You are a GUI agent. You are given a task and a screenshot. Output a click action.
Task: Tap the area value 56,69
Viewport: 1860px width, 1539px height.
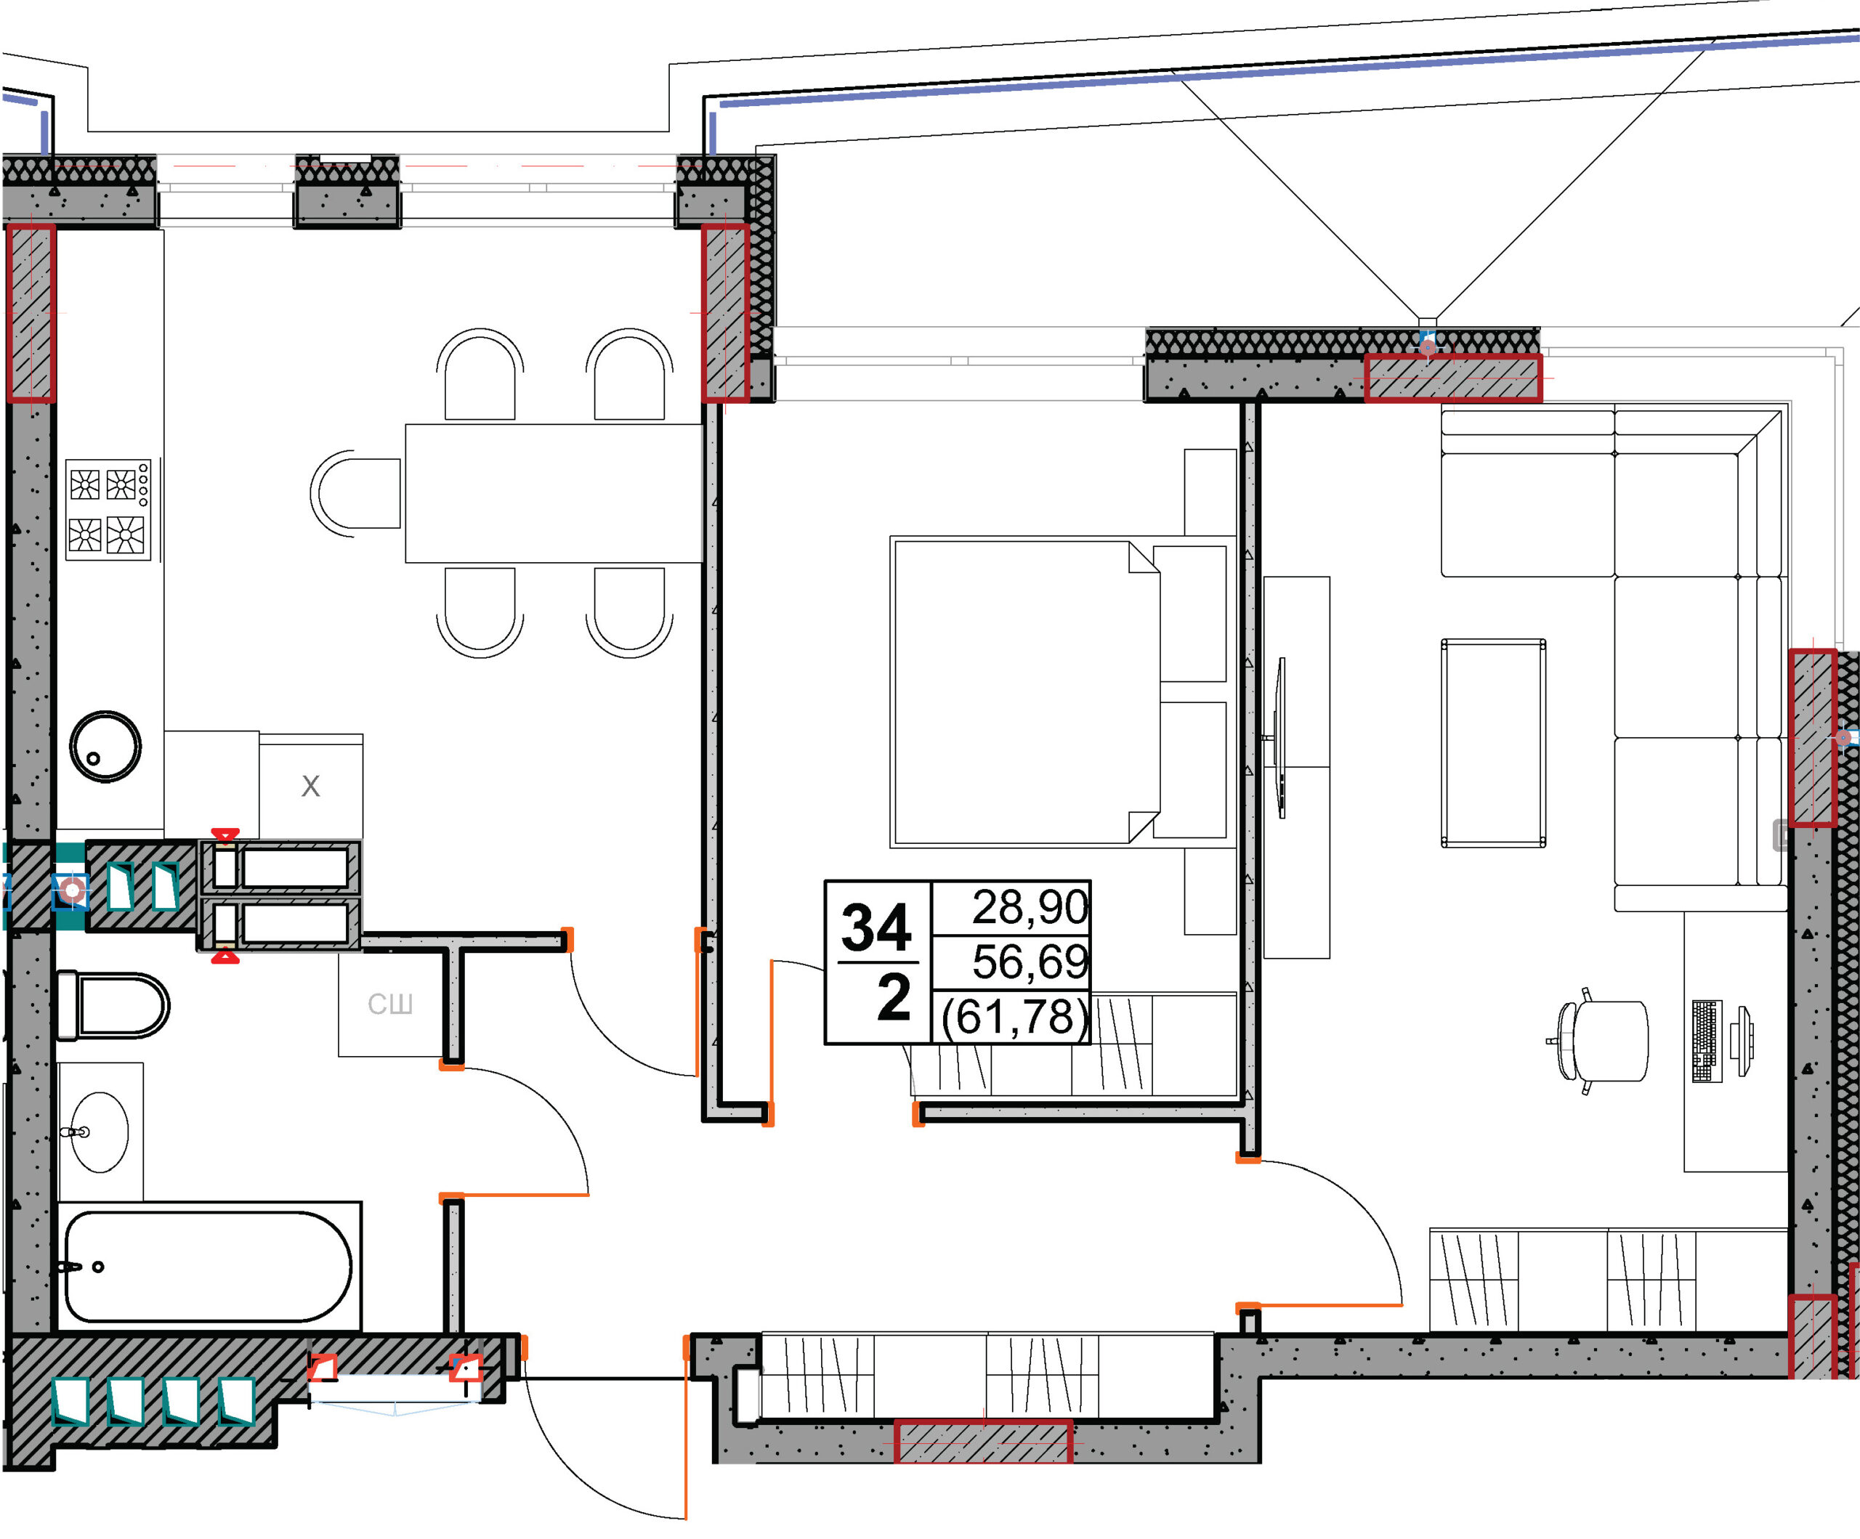point(1030,962)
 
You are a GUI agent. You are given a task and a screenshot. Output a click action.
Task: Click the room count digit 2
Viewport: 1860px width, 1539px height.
point(893,997)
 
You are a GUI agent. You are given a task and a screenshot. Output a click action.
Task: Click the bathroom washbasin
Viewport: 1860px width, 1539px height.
point(100,1132)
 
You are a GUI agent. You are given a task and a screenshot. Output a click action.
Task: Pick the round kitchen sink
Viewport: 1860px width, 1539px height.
point(105,747)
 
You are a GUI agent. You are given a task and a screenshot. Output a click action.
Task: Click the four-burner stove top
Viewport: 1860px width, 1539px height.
point(108,509)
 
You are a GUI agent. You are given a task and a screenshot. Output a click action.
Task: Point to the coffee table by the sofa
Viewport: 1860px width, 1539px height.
point(1493,743)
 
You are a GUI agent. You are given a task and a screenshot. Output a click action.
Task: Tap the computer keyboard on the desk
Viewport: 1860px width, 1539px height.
point(1707,1041)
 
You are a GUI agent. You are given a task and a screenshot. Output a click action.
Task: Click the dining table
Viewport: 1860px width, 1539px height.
point(554,493)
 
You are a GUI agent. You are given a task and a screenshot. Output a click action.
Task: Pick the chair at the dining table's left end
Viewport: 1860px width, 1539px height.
point(355,493)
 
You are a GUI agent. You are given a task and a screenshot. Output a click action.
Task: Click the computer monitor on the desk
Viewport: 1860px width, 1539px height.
point(1742,1041)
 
